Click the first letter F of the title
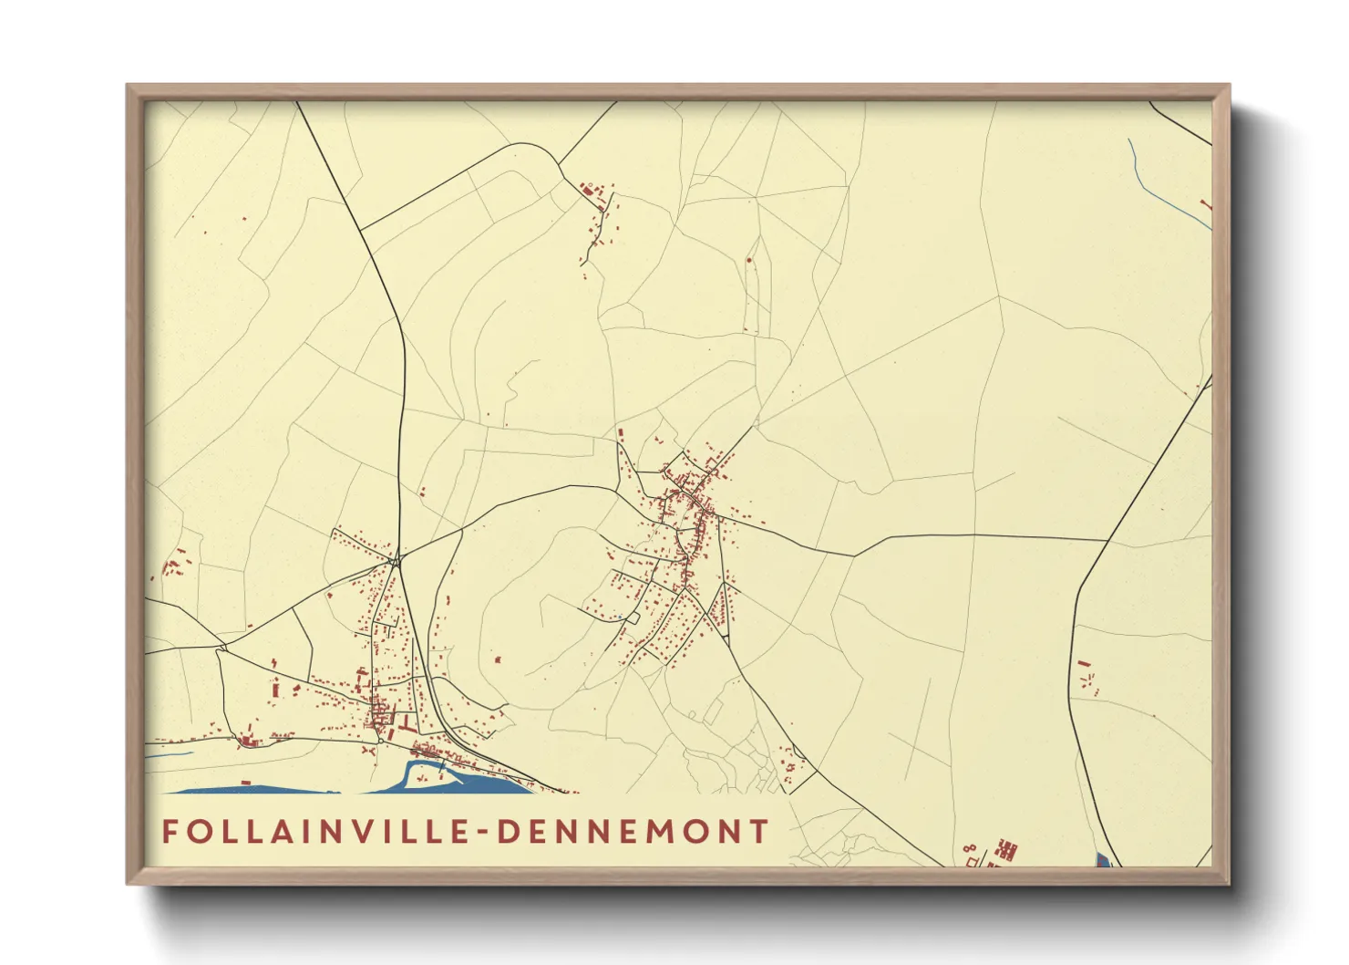pos(170,832)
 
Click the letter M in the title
pos(656,832)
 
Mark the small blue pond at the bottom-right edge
pos(1102,859)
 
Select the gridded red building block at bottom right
pos(1006,850)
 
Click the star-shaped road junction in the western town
pos(396,560)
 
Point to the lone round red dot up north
pos(749,260)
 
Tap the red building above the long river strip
pos(246,783)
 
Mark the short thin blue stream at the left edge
pos(169,754)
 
